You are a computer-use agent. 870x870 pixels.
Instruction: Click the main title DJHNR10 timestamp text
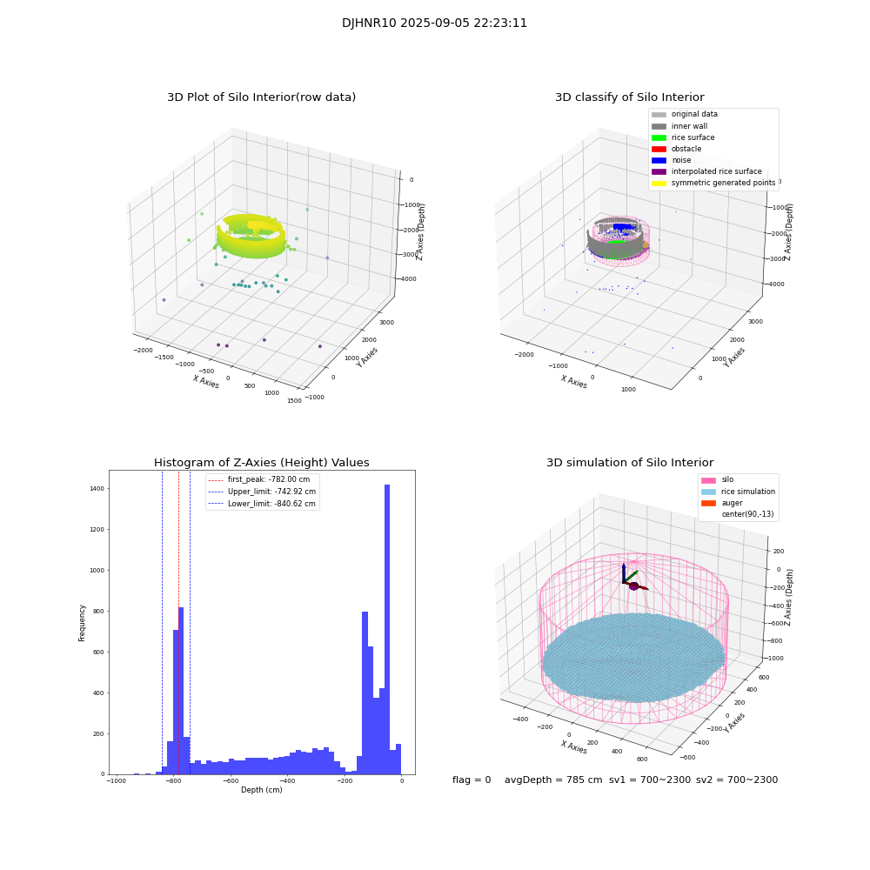434,23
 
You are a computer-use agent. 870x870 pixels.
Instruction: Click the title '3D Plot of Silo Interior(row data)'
261,97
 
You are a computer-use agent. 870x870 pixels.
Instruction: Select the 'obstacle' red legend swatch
659,149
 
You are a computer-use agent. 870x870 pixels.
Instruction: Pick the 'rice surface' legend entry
693,137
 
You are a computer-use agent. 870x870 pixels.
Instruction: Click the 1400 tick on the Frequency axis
96,489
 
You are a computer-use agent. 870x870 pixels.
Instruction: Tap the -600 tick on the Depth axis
230,781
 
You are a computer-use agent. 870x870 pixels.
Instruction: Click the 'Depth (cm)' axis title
261,790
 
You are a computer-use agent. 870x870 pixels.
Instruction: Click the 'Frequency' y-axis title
83,622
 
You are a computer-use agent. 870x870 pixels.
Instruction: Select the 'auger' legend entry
733,503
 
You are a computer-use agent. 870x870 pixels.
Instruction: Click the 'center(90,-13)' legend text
747,514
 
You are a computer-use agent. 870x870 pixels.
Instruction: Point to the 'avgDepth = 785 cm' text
553,780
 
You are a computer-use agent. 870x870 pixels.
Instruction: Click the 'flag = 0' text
472,780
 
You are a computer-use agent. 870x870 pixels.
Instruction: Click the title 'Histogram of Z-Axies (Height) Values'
261,463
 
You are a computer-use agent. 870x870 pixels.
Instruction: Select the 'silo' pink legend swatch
708,480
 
